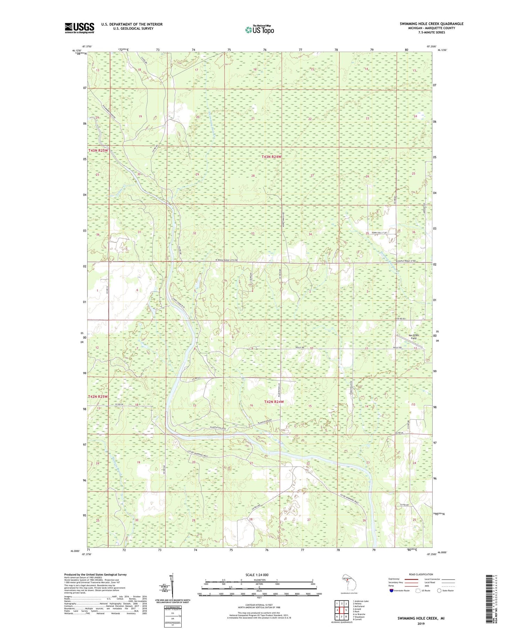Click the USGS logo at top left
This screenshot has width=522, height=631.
click(x=79, y=28)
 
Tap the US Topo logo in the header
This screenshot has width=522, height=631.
click(x=259, y=30)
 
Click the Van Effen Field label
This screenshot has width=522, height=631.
click(x=414, y=337)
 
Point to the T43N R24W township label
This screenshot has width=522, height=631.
click(x=271, y=157)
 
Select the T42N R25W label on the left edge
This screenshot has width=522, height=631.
click(x=98, y=396)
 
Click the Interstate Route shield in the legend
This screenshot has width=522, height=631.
click(x=391, y=591)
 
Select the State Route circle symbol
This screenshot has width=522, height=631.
click(x=439, y=590)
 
